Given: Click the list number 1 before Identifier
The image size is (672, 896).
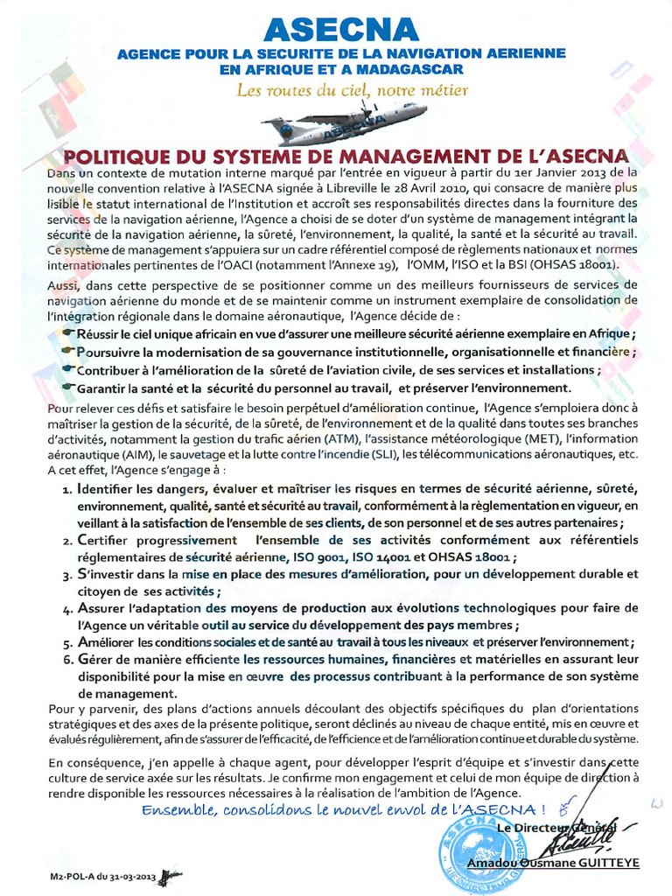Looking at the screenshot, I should (66, 490).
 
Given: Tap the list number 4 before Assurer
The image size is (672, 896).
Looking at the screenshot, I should (66, 609).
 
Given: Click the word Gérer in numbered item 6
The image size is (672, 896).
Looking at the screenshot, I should (95, 659).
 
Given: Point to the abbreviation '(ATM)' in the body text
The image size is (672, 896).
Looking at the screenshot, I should (341, 438).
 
